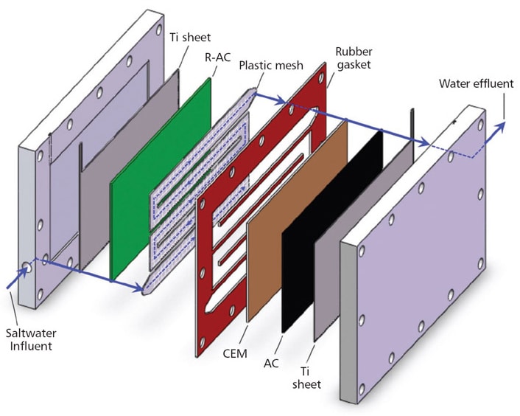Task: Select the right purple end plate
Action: pos(427,243)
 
